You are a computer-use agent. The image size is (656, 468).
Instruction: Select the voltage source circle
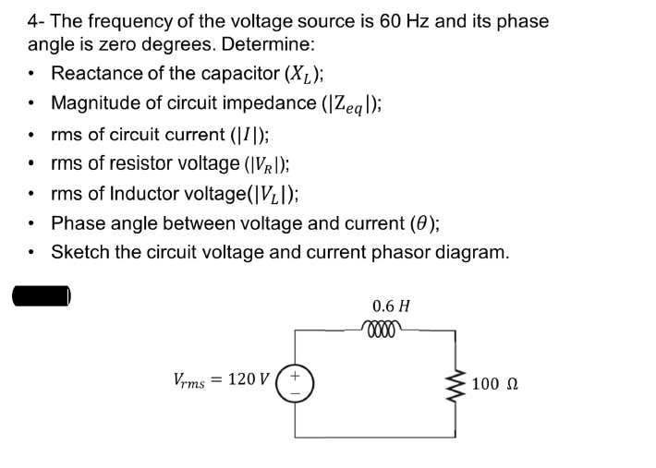(295, 381)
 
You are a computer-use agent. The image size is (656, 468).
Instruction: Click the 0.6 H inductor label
(391, 306)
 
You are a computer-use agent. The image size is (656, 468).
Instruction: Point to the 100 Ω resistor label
(498, 383)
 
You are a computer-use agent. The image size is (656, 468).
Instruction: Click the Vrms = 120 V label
(222, 378)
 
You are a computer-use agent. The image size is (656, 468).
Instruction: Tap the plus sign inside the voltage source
(295, 374)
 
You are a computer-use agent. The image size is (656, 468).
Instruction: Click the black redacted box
(42, 295)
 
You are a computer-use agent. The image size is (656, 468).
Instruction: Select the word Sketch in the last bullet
(80, 252)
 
